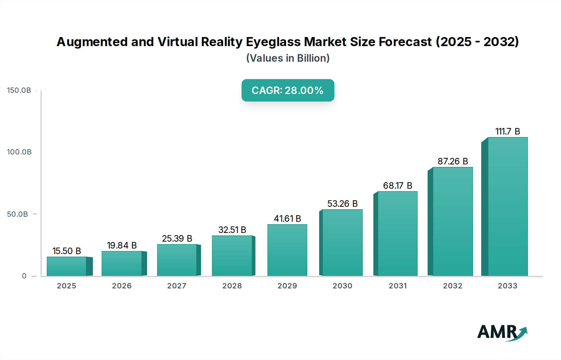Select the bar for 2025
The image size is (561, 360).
[67, 266]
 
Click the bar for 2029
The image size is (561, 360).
[287, 250]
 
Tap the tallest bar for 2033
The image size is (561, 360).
[507, 206]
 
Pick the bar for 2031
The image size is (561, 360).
[397, 234]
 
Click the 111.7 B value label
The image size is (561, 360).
[507, 131]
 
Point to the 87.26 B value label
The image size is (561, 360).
[453, 161]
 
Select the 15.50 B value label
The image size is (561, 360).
[67, 251]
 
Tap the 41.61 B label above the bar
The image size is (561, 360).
[287, 219]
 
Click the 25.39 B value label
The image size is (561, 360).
[177, 239]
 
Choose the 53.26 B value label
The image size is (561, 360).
[342, 204]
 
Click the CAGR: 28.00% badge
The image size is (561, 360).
[288, 90]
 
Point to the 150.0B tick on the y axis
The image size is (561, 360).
[19, 90]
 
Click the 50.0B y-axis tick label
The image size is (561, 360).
[17, 214]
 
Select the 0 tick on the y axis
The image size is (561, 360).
[24, 276]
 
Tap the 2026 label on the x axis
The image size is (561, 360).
[122, 286]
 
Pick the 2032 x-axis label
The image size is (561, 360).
[453, 286]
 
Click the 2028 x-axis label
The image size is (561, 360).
[232, 286]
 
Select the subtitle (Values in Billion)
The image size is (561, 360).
[288, 58]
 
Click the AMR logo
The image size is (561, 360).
[502, 332]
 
